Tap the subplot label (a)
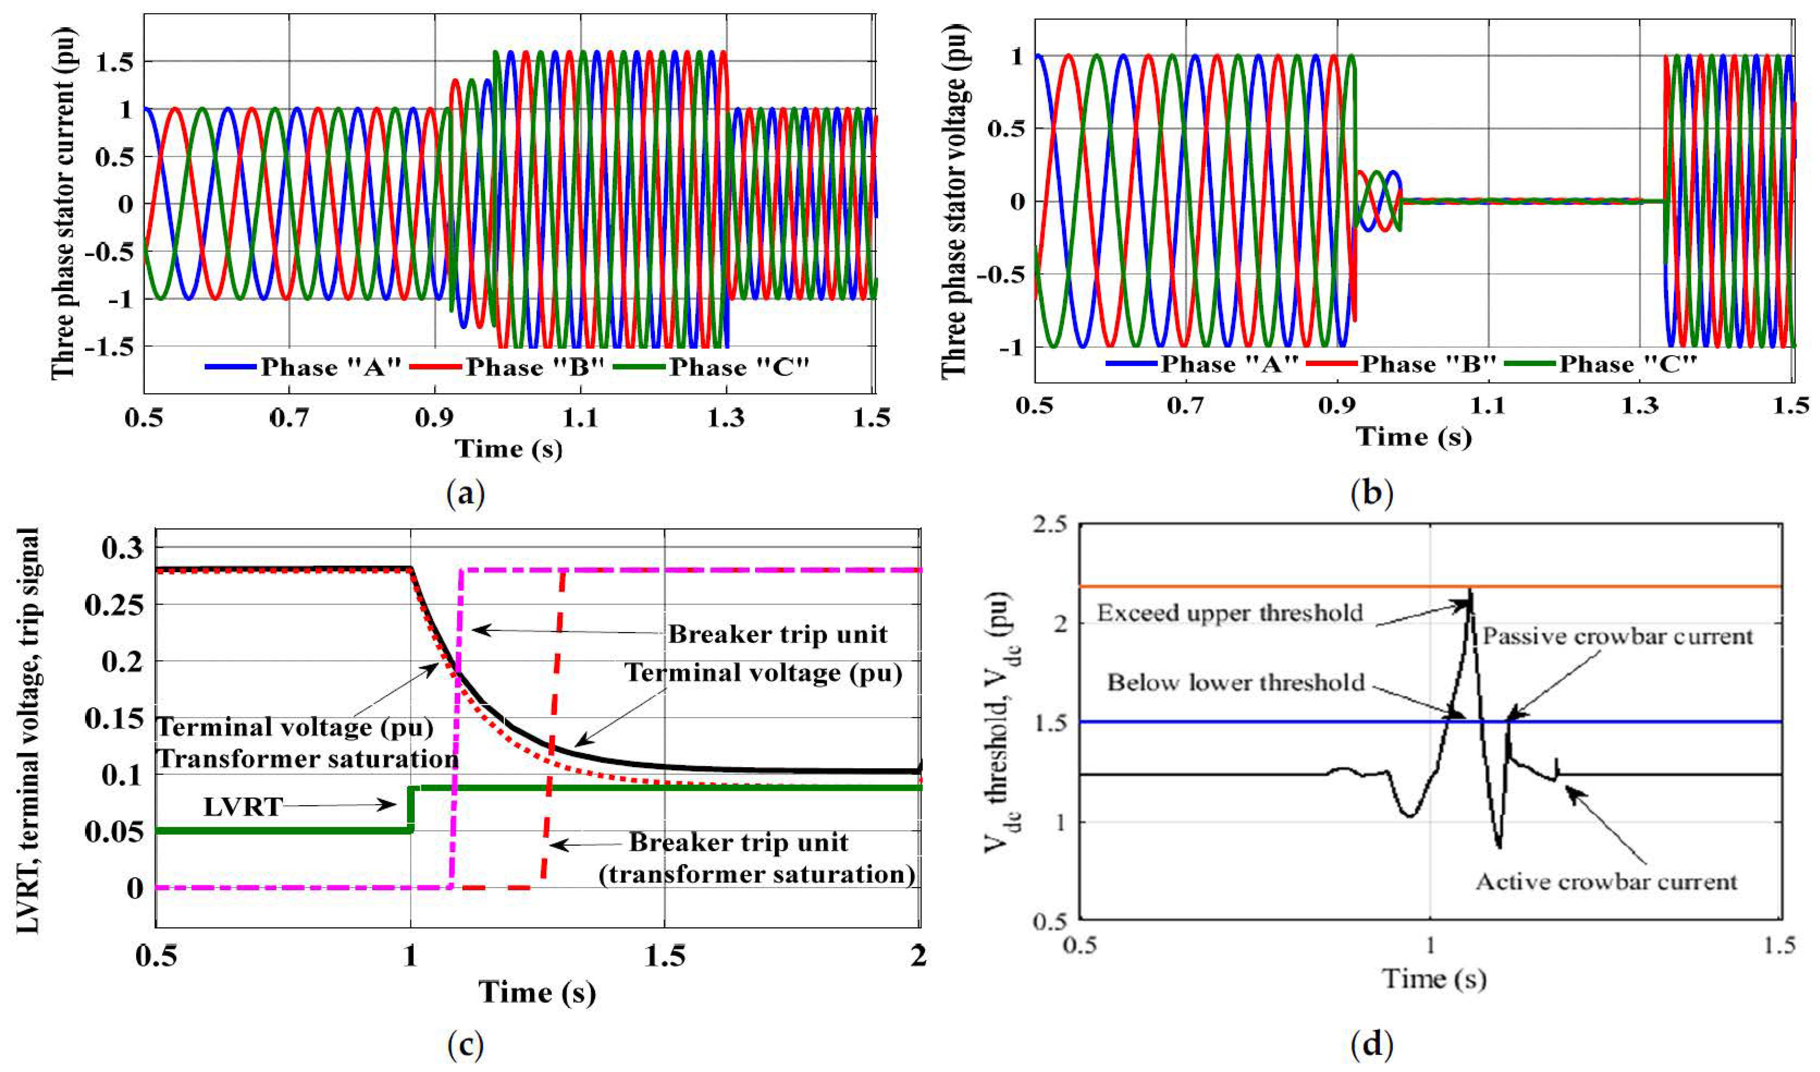pos(466,495)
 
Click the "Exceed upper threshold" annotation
pos(1230,613)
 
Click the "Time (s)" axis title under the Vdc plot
pos(1434,979)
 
